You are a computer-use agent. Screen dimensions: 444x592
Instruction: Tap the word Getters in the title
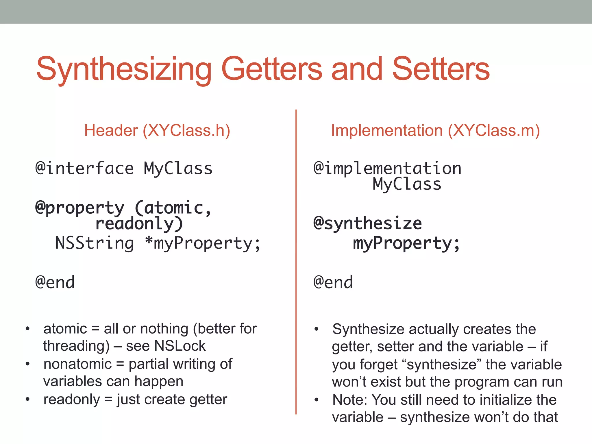[x=272, y=69]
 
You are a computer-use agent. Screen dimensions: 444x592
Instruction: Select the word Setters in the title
[x=441, y=69]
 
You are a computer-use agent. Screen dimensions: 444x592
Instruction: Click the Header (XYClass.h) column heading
[x=157, y=131]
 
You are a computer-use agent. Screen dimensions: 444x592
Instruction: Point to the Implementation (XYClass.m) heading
[x=435, y=131]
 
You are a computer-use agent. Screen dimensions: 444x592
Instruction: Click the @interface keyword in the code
[x=84, y=169]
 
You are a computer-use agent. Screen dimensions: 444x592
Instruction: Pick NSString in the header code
[x=95, y=243]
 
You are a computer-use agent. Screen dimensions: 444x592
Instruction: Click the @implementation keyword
[x=387, y=169]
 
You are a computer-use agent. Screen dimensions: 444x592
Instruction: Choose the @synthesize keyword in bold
[x=368, y=224]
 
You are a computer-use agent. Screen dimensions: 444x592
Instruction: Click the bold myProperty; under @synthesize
[x=406, y=243]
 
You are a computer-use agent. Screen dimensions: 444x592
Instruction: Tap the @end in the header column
[x=55, y=282]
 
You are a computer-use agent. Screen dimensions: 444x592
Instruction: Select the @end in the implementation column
[x=333, y=282]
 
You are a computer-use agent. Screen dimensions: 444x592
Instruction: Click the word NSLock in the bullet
[x=180, y=346]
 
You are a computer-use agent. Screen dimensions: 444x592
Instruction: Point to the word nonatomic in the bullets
[x=77, y=364]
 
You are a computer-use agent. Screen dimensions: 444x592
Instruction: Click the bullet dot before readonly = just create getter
[x=27, y=399]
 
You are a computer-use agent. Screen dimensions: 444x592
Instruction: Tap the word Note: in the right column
[x=349, y=400]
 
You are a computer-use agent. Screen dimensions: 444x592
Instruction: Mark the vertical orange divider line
[x=296, y=260]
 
